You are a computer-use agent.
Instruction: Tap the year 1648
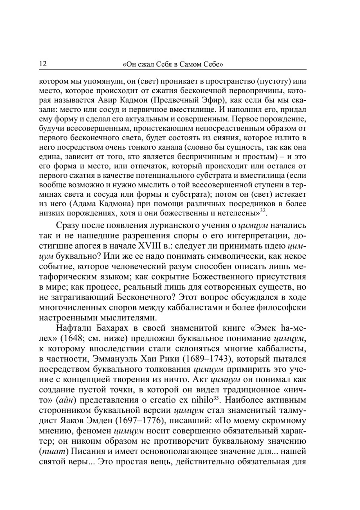[x=72, y=338]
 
